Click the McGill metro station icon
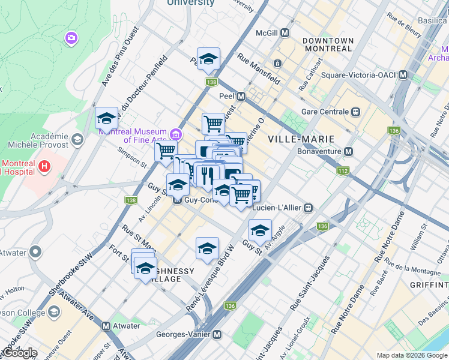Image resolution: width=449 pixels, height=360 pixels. coord(285,33)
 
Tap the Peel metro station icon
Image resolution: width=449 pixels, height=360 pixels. coord(241,96)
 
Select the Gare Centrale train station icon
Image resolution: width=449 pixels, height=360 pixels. coord(356,112)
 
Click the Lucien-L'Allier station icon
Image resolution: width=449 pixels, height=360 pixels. coord(308,208)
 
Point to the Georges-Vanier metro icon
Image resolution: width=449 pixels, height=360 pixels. coord(217,334)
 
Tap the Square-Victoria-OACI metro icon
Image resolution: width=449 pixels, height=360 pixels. coord(403,75)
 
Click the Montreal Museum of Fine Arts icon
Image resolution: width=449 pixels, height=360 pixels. coord(175,133)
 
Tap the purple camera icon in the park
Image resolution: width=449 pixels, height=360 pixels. coord(71,38)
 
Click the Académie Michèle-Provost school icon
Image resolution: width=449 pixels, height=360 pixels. coord(77,140)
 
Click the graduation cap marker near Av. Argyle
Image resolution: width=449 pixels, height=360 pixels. coord(259,230)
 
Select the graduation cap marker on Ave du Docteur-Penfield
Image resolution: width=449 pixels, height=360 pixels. coord(106,118)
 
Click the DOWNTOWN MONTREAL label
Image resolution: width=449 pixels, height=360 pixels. coord(328,44)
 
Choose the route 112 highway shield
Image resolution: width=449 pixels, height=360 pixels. coord(343,171)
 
